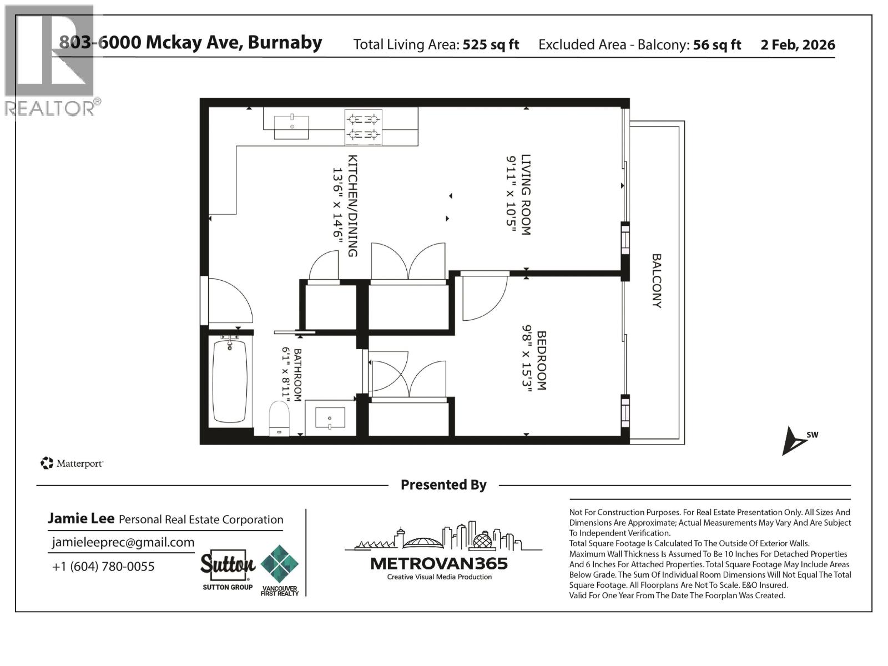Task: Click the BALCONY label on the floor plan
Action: tap(657, 280)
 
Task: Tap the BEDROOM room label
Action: tap(541, 360)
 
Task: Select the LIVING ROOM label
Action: tap(526, 195)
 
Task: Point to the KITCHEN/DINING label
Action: tap(352, 205)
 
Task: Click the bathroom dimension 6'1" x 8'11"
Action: tap(286, 375)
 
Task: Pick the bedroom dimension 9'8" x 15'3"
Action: tap(526, 360)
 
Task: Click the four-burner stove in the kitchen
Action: tap(363, 127)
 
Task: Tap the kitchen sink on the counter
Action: tap(291, 127)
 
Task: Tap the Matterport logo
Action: tap(72, 463)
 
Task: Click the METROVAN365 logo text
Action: tap(438, 564)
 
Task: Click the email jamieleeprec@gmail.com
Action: tap(123, 543)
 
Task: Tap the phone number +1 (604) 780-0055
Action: tap(103, 567)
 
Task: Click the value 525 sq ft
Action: tap(491, 45)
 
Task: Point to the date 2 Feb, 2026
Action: tap(798, 45)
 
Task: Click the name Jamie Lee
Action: tap(81, 518)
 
